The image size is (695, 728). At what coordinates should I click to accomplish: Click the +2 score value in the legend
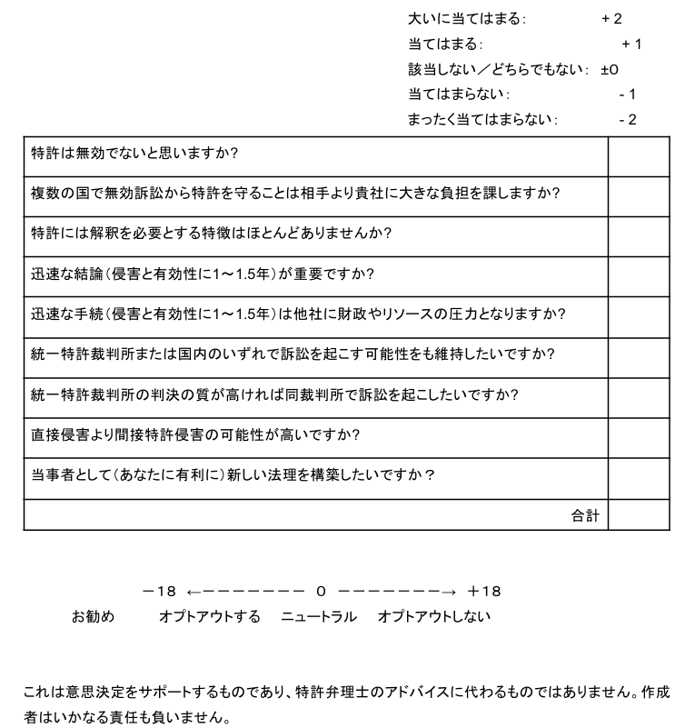[611, 18]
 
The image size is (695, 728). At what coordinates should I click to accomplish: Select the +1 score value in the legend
[631, 44]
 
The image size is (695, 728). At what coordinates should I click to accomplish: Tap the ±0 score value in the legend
[609, 69]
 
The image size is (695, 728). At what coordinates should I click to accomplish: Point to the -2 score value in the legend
[627, 120]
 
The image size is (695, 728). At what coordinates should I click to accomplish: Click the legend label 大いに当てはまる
[467, 18]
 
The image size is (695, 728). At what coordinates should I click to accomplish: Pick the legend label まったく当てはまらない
[483, 120]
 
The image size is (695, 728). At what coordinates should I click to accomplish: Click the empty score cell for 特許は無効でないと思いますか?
[638, 156]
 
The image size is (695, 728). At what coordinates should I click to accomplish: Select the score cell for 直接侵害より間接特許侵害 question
[638, 436]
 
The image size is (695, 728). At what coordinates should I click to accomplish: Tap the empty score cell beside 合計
[638, 515]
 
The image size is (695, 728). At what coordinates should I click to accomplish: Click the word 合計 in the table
[586, 515]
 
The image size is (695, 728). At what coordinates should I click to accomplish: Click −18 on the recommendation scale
[159, 592]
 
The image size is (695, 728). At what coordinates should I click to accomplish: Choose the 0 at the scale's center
[321, 592]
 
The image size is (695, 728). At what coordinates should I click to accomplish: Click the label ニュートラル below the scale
[319, 617]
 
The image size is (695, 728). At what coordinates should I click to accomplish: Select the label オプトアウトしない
[434, 617]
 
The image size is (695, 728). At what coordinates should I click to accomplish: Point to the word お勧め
[94, 617]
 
